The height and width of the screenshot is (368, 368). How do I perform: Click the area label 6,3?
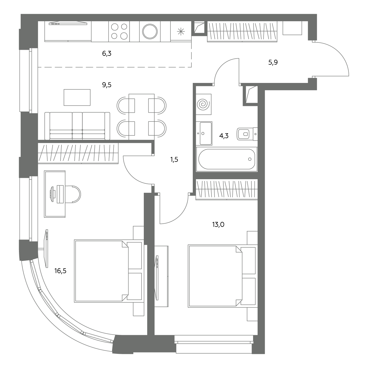(x=106, y=54)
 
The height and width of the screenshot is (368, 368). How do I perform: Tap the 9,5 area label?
(x=106, y=85)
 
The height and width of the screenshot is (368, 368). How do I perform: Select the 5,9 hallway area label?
(x=273, y=63)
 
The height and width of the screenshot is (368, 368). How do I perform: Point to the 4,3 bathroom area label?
(x=224, y=136)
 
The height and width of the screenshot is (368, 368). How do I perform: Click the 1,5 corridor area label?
(x=174, y=159)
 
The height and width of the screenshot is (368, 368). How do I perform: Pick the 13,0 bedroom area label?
(x=218, y=224)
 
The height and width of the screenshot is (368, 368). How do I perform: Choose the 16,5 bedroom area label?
(x=60, y=271)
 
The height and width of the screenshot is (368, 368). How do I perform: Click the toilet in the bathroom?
(x=247, y=134)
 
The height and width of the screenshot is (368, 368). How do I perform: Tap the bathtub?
(x=227, y=159)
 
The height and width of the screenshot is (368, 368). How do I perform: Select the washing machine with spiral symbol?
(x=204, y=104)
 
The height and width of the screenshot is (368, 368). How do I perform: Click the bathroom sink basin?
(x=204, y=133)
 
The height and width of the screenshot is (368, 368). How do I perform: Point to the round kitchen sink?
(x=150, y=31)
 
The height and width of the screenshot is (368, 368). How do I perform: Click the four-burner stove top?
(x=119, y=31)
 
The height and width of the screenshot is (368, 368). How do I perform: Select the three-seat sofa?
(x=77, y=126)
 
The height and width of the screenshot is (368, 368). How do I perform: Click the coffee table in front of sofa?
(x=77, y=97)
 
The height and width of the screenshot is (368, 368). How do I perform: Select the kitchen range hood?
(x=68, y=23)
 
